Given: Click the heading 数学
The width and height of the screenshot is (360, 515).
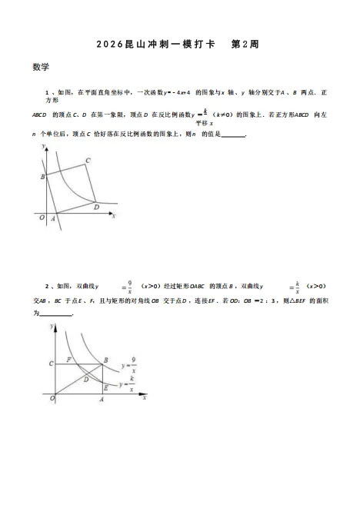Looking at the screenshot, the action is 41,67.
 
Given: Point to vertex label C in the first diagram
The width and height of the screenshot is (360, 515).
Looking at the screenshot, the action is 88,160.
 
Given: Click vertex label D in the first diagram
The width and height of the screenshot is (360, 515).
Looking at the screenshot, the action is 96,207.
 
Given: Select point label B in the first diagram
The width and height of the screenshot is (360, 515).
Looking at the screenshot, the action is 42,177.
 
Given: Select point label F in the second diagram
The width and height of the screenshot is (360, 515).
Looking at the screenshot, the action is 69,359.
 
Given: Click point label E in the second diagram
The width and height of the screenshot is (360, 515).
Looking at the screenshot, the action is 105,388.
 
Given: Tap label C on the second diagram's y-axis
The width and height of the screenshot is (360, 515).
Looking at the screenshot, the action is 51,363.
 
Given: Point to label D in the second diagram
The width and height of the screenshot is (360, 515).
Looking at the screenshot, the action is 86,379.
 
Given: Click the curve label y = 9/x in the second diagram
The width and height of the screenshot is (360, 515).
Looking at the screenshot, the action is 127,359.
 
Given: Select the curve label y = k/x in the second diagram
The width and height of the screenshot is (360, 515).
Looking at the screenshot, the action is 128,383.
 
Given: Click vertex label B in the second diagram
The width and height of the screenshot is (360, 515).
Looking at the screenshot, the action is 106,359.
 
